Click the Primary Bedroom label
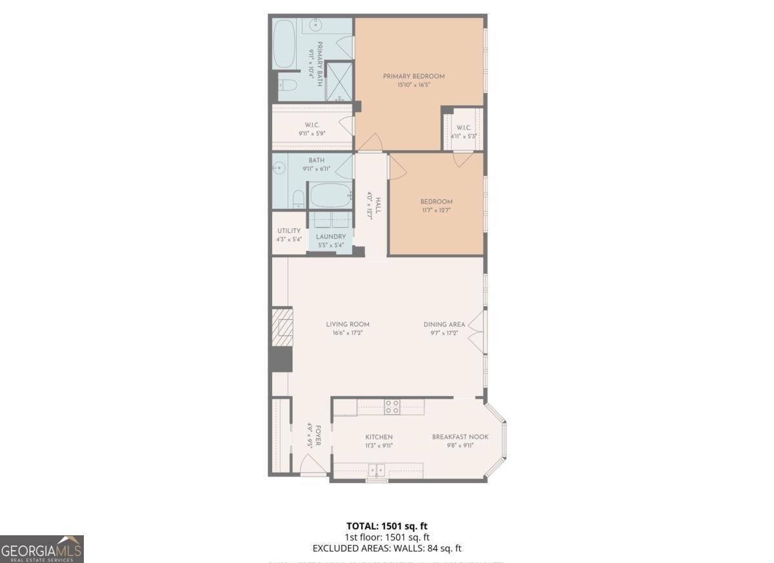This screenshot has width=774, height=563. [413, 76]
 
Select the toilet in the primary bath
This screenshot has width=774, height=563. [287, 84]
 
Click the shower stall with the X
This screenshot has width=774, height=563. [339, 81]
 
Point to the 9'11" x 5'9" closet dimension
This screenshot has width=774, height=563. [312, 133]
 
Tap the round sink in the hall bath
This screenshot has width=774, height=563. [279, 168]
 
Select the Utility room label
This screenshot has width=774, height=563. [288, 231]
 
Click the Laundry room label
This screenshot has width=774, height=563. [330, 237]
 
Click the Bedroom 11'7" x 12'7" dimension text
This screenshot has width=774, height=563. [436, 210]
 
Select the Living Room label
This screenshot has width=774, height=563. [348, 324]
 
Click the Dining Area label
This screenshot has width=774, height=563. [444, 324]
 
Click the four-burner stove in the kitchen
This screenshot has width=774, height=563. [392, 406]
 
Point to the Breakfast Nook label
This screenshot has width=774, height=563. [460, 437]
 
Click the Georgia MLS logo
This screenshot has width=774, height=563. [42, 549]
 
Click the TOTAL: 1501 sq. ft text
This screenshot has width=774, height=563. [386, 526]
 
